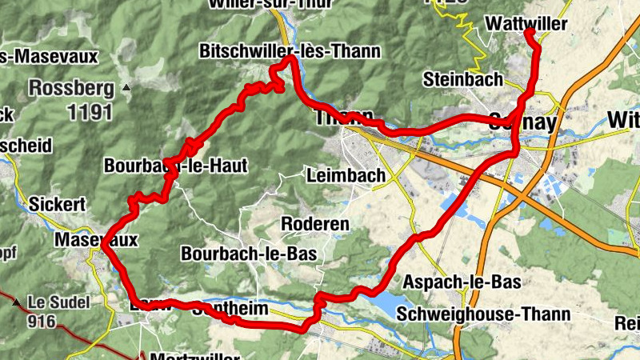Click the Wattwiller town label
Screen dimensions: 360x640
(x=526, y=25)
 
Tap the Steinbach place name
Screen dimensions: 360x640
(x=463, y=79)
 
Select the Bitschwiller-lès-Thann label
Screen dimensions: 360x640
(x=290, y=52)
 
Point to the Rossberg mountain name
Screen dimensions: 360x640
(x=68, y=86)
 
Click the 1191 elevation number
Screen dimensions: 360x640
(x=90, y=111)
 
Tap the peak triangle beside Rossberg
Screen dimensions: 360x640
(x=126, y=86)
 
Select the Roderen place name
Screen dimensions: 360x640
(x=319, y=224)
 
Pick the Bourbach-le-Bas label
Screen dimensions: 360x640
(x=249, y=254)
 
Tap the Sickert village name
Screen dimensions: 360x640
(x=56, y=205)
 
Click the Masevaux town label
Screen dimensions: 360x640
(x=96, y=239)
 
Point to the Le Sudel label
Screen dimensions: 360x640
(x=60, y=302)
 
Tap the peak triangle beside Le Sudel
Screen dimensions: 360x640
(x=16, y=302)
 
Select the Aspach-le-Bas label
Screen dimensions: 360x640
(x=462, y=282)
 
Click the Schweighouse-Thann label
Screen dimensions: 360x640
(x=488, y=314)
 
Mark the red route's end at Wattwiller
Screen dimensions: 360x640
(x=529, y=32)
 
